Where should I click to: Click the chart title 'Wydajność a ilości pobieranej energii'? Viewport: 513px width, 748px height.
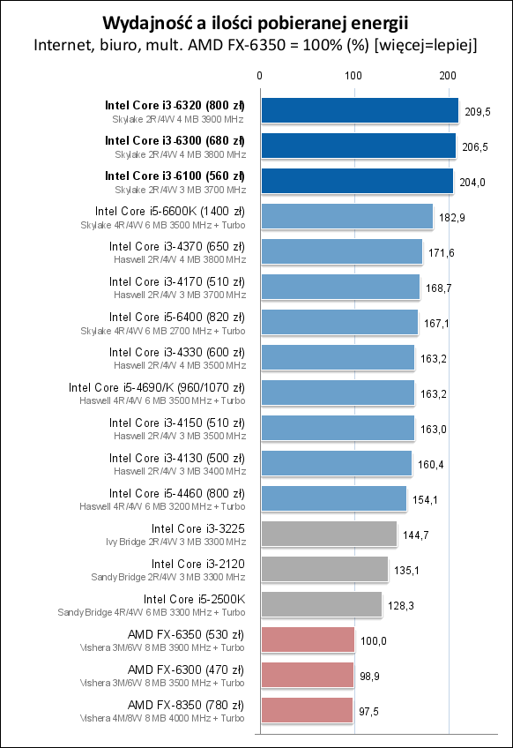click(x=256, y=21)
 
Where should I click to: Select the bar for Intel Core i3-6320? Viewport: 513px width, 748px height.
click(x=359, y=110)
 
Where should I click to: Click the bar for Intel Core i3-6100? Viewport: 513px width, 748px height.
click(x=356, y=181)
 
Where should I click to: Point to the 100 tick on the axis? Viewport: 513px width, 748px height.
click(x=353, y=76)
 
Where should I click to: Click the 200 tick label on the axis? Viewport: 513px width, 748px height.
click(x=448, y=76)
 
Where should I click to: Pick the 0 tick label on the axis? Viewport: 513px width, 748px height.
click(x=259, y=76)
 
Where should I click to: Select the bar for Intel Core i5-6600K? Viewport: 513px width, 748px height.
click(x=346, y=216)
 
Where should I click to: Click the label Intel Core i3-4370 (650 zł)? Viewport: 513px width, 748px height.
click(x=176, y=246)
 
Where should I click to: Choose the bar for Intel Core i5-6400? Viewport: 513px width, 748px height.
click(x=339, y=322)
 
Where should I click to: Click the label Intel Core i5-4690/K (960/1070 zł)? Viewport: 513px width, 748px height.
click(x=157, y=387)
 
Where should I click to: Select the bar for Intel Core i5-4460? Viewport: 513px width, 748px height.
click(x=333, y=498)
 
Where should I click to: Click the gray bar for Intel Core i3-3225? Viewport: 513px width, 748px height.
click(x=329, y=534)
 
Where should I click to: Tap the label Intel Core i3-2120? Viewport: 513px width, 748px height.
click(x=197, y=564)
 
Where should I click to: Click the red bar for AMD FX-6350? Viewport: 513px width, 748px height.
click(x=307, y=640)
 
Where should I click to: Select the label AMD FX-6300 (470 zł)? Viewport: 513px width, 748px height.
click(x=186, y=669)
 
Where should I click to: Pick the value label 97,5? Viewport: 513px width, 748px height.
click(x=371, y=711)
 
